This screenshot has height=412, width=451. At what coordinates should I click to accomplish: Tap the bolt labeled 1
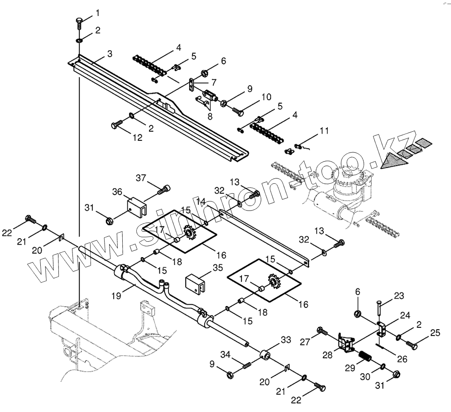(79, 22)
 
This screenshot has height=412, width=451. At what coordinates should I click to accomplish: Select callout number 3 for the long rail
(110, 54)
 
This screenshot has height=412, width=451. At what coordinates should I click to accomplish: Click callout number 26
(402, 359)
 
